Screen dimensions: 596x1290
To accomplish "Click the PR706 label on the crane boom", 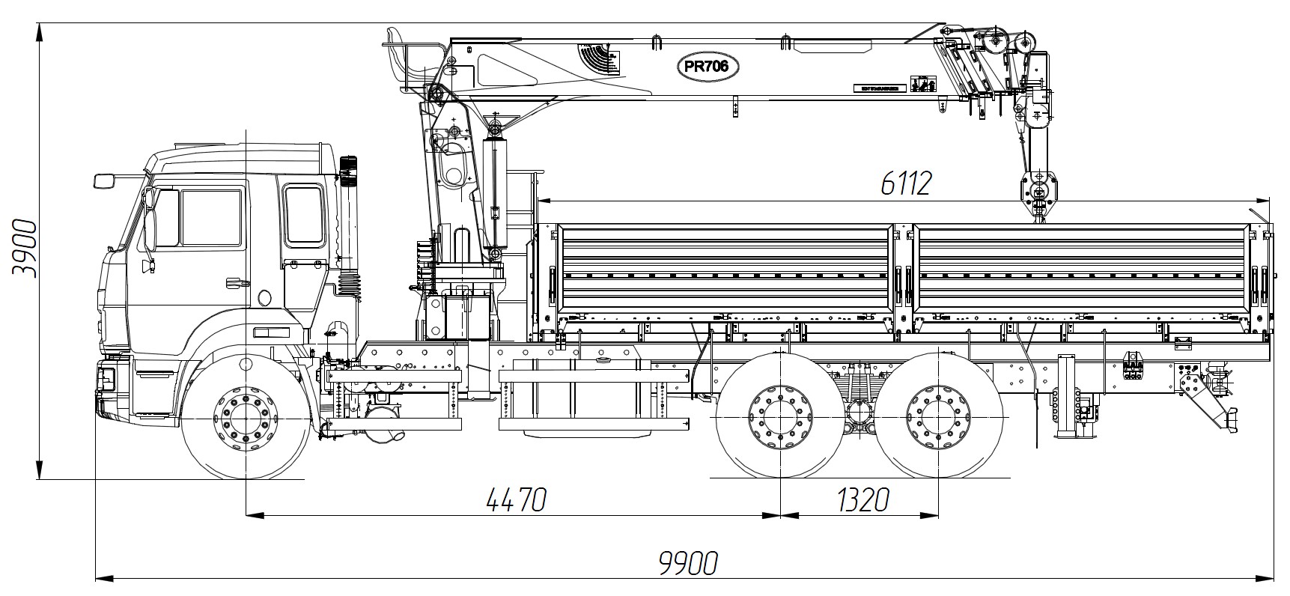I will tap(708, 67).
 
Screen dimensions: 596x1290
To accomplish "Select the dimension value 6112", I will tap(905, 183).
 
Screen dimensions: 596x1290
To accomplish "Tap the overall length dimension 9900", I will tap(689, 563).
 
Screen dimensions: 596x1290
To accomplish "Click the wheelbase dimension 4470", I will tap(516, 499).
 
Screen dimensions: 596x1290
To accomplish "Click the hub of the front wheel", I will tap(246, 418).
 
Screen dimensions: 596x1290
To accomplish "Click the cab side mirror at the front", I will tap(105, 180).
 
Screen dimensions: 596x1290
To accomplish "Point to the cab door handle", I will tap(237, 282).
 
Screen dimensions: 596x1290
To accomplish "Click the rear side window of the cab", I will tap(304, 216).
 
